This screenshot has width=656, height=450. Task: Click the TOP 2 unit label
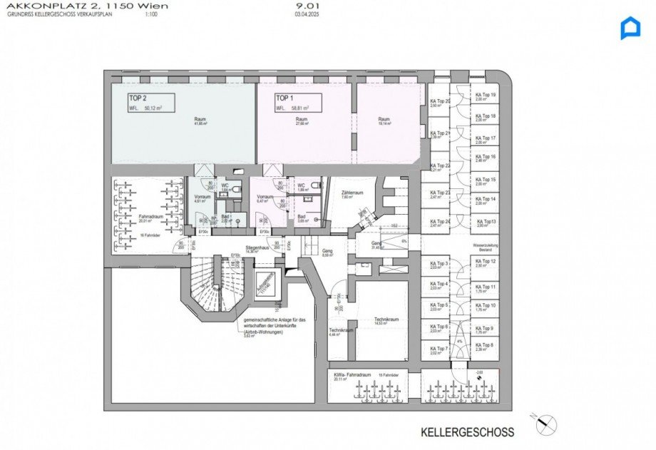[x=138, y=98]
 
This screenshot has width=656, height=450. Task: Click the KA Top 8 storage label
[x=486, y=345]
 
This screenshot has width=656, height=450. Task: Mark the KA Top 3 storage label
[x=439, y=263]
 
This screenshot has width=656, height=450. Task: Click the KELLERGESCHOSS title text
[x=467, y=432]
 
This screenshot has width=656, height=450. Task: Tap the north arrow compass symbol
[x=545, y=424]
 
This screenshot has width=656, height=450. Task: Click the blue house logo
[x=630, y=28]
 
